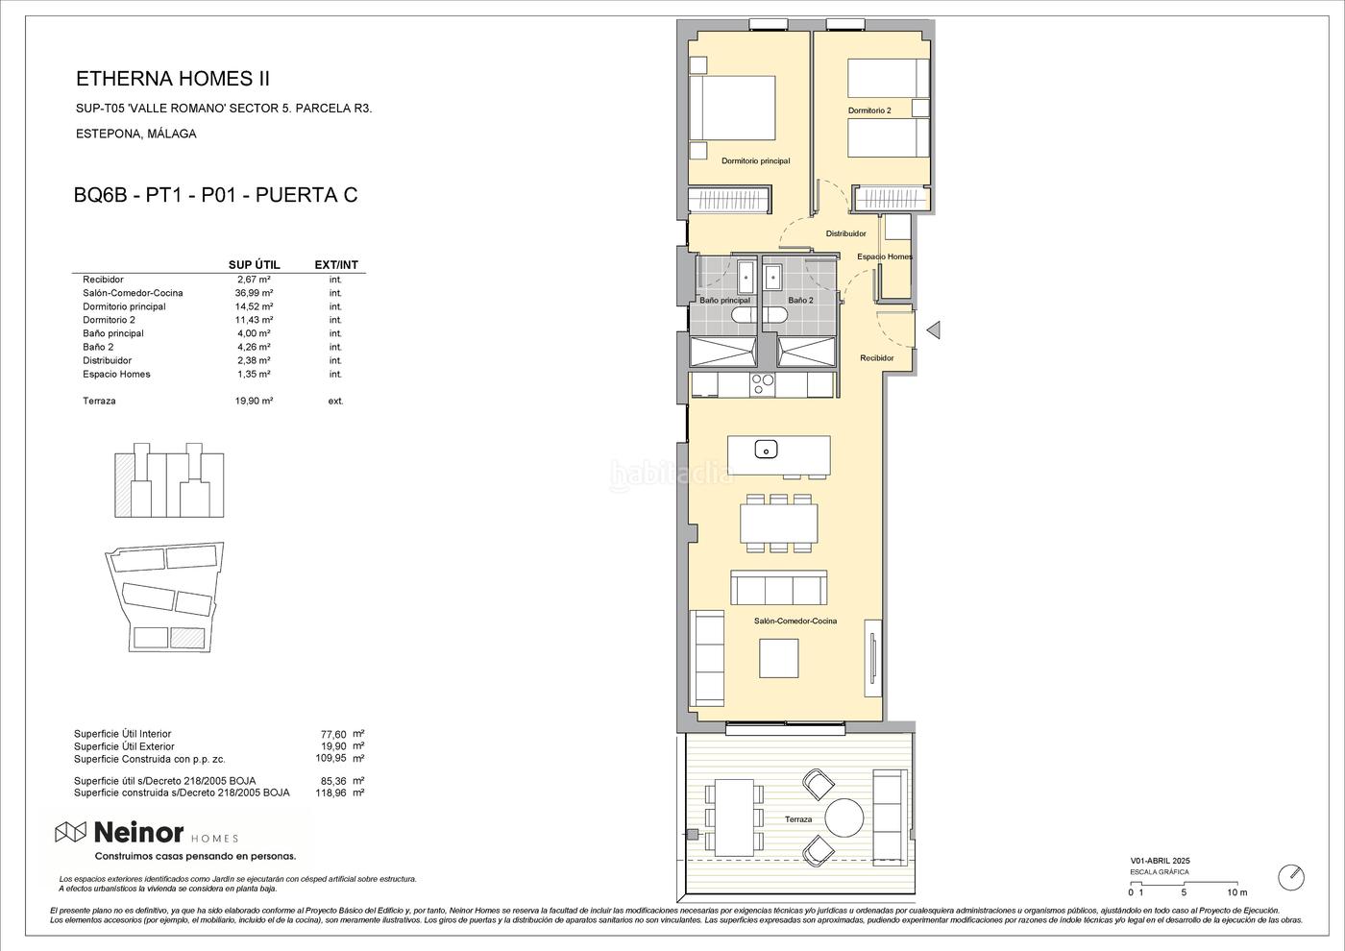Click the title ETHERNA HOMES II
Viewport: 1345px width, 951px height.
pos(173,79)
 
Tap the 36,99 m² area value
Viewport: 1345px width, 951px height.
pos(254,293)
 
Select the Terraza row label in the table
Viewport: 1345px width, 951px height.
pos(99,402)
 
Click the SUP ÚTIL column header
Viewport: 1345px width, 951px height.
pos(254,265)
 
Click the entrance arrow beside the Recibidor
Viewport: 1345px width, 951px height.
pos(933,329)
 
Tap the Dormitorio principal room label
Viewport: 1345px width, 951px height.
pos(755,161)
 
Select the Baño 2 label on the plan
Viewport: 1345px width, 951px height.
pos(800,300)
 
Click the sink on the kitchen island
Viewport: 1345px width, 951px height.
pos(767,450)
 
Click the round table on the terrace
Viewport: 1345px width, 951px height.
pos(844,817)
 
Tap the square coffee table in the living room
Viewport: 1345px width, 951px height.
pos(779,658)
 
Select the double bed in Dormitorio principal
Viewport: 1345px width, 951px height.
pos(732,108)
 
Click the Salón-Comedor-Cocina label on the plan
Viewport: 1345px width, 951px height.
pos(795,621)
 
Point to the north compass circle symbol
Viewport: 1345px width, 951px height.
pos(1291,878)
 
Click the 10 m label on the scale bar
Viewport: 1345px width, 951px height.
pos(1237,892)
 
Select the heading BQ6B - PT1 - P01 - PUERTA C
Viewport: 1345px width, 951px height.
pos(215,195)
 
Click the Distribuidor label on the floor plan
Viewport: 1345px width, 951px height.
pos(845,233)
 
